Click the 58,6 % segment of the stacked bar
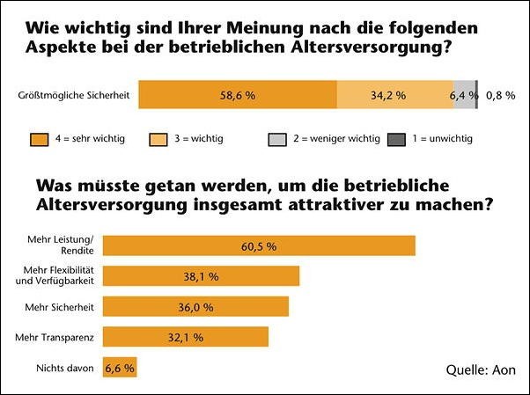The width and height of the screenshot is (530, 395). coord(238,94)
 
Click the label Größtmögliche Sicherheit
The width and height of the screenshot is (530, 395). coord(73,95)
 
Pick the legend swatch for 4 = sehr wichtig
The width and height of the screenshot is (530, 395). coord(38,139)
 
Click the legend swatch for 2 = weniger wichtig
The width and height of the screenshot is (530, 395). coord(277,139)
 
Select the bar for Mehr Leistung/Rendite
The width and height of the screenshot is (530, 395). coord(259,245)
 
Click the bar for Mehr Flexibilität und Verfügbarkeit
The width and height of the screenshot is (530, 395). coord(202,275)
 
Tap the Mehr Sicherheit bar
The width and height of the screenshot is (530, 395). coord(196,305)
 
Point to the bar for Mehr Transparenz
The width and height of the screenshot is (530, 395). coord(186,336)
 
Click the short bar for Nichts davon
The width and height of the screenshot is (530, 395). coord(121,367)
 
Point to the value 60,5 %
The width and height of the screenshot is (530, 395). coord(259,246)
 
